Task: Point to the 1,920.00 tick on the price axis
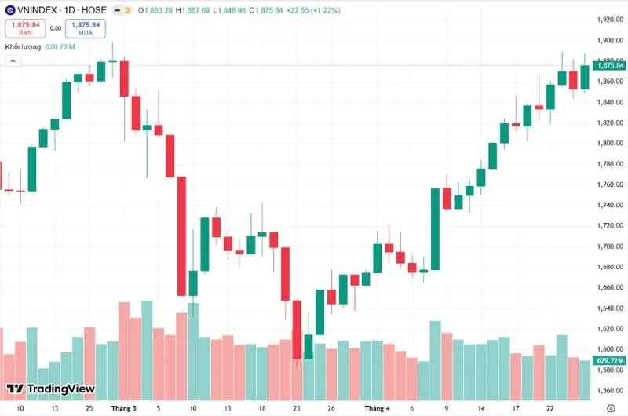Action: (609, 20)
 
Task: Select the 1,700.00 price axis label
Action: (609, 246)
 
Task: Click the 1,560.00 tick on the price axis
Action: (609, 390)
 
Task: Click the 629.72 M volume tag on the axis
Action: (610, 360)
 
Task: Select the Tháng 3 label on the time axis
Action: (123, 408)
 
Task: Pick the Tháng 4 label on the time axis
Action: (377, 408)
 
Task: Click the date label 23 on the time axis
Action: (296, 408)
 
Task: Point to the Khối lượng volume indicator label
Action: (23, 47)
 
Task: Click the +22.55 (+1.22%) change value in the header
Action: (319, 9)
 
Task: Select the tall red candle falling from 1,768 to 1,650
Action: (181, 235)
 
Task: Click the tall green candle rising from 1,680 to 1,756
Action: (435, 228)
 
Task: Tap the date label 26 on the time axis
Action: (332, 408)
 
